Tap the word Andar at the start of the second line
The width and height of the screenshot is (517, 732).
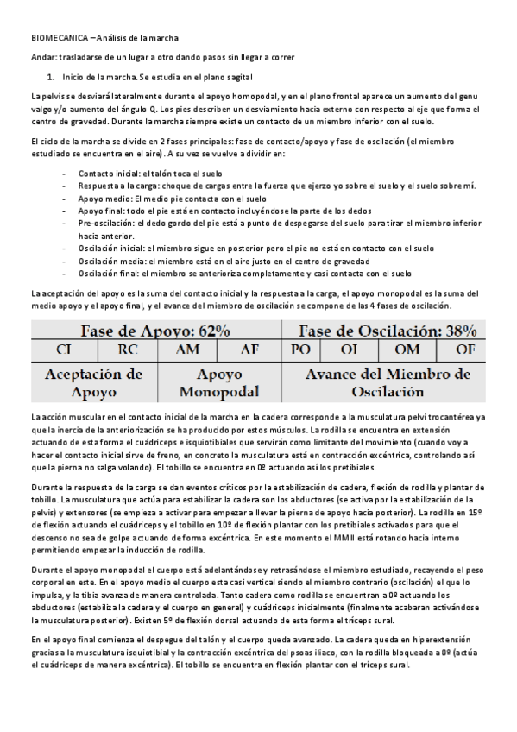pos(42,57)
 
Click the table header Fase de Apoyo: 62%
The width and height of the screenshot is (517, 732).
pos(155,331)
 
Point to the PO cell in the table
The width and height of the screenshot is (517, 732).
pos(302,350)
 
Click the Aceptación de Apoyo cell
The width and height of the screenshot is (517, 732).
pos(94,382)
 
